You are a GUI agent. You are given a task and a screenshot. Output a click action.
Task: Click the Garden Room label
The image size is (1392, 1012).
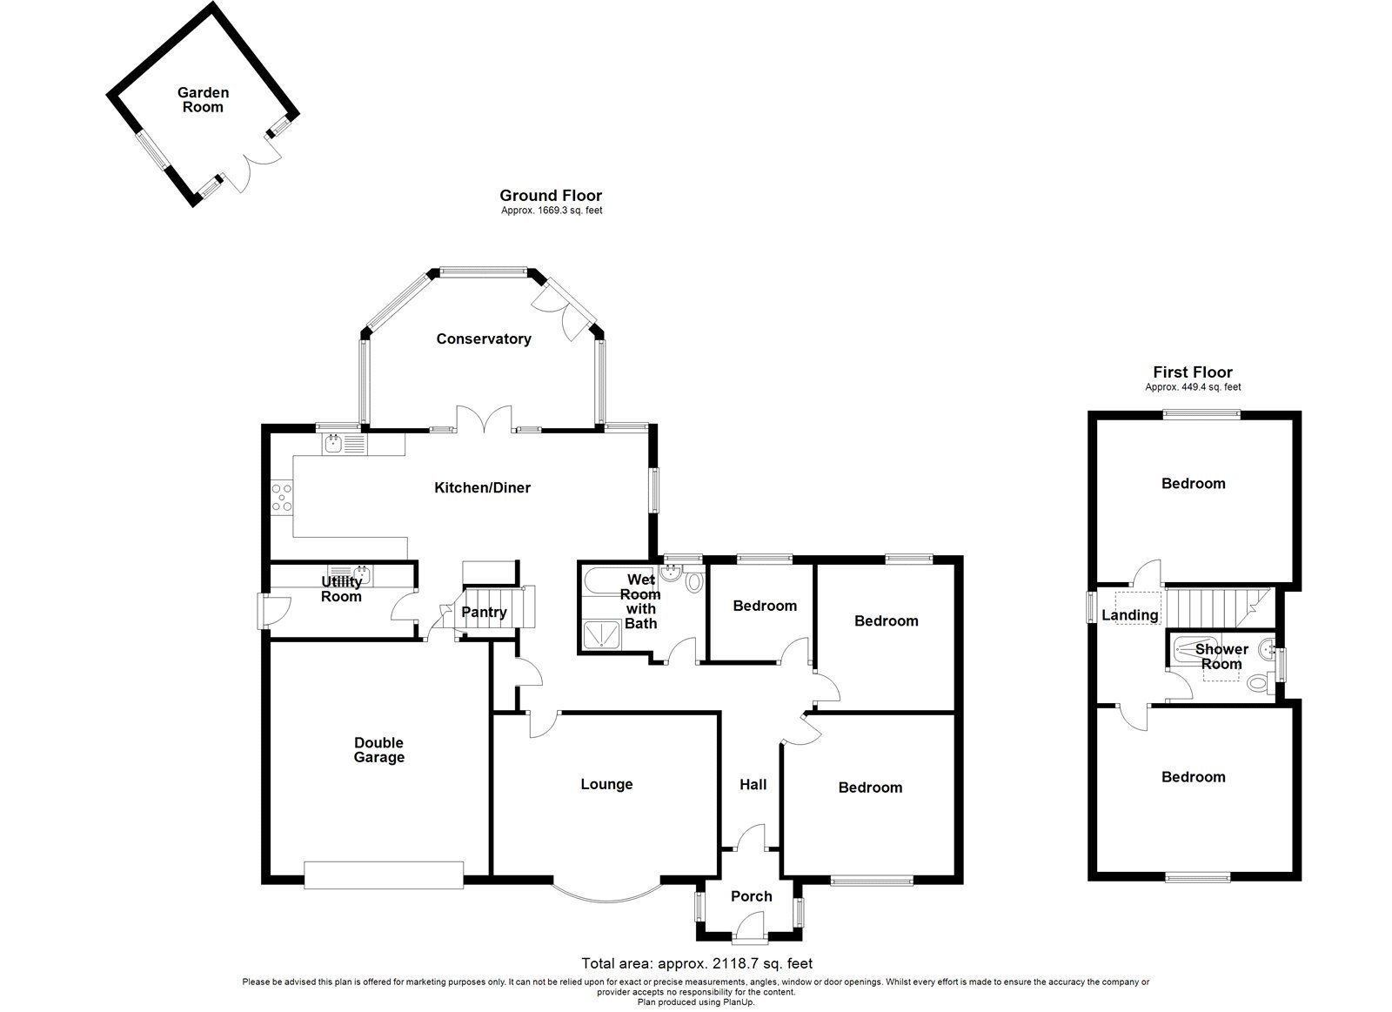pos(203,100)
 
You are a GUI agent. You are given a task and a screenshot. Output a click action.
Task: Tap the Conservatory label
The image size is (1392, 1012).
pos(484,338)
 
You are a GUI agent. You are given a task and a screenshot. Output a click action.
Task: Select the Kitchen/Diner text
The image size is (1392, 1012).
pos(482,487)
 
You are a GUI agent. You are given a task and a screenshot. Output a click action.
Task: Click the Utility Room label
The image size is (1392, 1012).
pos(341,589)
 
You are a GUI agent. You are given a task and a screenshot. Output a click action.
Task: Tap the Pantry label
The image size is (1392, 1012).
pos(484,612)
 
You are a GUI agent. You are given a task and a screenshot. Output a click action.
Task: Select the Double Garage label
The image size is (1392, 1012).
pos(378,750)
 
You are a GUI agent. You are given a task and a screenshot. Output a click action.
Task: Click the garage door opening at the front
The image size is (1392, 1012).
pos(384,875)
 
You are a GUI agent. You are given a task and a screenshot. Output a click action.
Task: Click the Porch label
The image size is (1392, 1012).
pos(751,896)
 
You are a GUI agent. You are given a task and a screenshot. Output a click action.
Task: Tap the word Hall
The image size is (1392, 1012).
pos(753,785)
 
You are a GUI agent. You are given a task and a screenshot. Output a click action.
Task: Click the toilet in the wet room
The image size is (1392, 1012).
pos(693,581)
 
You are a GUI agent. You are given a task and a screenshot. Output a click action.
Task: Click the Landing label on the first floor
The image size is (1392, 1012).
pos(1130,615)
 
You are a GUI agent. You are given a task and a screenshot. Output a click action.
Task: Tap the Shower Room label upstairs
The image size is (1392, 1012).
pos(1221,656)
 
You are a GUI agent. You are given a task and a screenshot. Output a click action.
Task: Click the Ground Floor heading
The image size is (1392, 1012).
pos(551,196)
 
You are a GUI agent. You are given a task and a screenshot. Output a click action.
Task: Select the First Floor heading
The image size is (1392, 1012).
pos(1193,372)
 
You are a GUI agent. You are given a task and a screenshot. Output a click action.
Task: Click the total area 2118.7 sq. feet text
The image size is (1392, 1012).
pos(696,963)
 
